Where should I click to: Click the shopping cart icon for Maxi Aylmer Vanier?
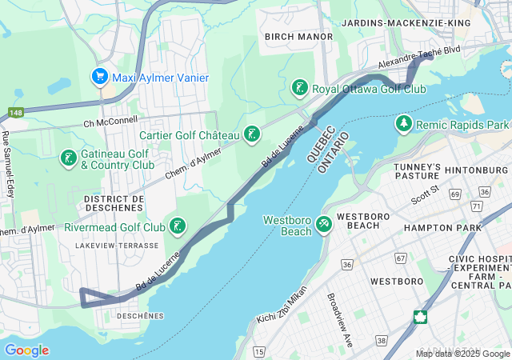point(100,78)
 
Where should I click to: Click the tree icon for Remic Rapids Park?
point(404,125)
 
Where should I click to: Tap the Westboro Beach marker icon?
point(324,223)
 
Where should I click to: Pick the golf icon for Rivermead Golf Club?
point(178,226)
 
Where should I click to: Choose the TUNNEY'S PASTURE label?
point(418,170)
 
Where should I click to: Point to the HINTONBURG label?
point(477,170)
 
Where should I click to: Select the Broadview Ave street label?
point(338,318)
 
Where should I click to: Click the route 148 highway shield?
point(16,113)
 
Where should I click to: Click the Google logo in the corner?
point(26,350)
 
